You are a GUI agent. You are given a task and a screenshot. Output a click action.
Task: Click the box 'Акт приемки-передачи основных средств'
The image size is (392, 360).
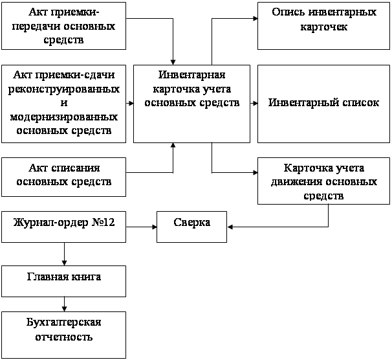click(x=64, y=26)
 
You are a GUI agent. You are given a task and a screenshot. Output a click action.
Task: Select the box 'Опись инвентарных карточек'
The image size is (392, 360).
click(x=323, y=26)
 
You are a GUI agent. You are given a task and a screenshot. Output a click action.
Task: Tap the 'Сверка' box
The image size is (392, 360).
click(x=191, y=227)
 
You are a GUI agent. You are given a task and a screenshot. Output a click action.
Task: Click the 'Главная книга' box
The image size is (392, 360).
click(x=64, y=281)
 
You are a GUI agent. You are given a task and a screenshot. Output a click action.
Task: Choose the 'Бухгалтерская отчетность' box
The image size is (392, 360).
click(x=64, y=335)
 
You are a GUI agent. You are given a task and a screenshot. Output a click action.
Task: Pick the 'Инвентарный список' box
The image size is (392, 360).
click(x=323, y=104)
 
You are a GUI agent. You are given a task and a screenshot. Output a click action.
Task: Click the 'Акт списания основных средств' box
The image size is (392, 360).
click(x=64, y=177)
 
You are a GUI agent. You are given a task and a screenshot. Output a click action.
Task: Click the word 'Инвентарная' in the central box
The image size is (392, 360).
click(x=191, y=75)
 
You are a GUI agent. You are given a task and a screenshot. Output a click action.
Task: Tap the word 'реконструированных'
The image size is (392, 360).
click(x=64, y=89)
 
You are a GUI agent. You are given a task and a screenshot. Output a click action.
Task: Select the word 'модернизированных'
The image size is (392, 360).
click(x=64, y=117)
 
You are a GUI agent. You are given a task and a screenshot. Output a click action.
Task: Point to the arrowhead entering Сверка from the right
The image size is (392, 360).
click(x=230, y=227)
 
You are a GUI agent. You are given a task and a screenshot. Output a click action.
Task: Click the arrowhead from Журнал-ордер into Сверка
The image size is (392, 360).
click(x=154, y=227)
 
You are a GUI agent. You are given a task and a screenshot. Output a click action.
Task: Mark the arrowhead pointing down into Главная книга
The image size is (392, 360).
click(x=64, y=263)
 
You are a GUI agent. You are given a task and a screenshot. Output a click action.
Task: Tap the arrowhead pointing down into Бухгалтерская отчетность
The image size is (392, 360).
click(x=64, y=309)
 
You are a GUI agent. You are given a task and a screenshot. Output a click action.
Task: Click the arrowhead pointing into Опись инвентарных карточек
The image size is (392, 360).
click(x=255, y=19)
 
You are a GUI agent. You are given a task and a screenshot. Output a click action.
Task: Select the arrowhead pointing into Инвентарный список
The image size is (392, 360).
click(x=255, y=104)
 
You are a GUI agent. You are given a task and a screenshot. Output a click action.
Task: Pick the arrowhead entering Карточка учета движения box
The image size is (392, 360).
click(x=255, y=173)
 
